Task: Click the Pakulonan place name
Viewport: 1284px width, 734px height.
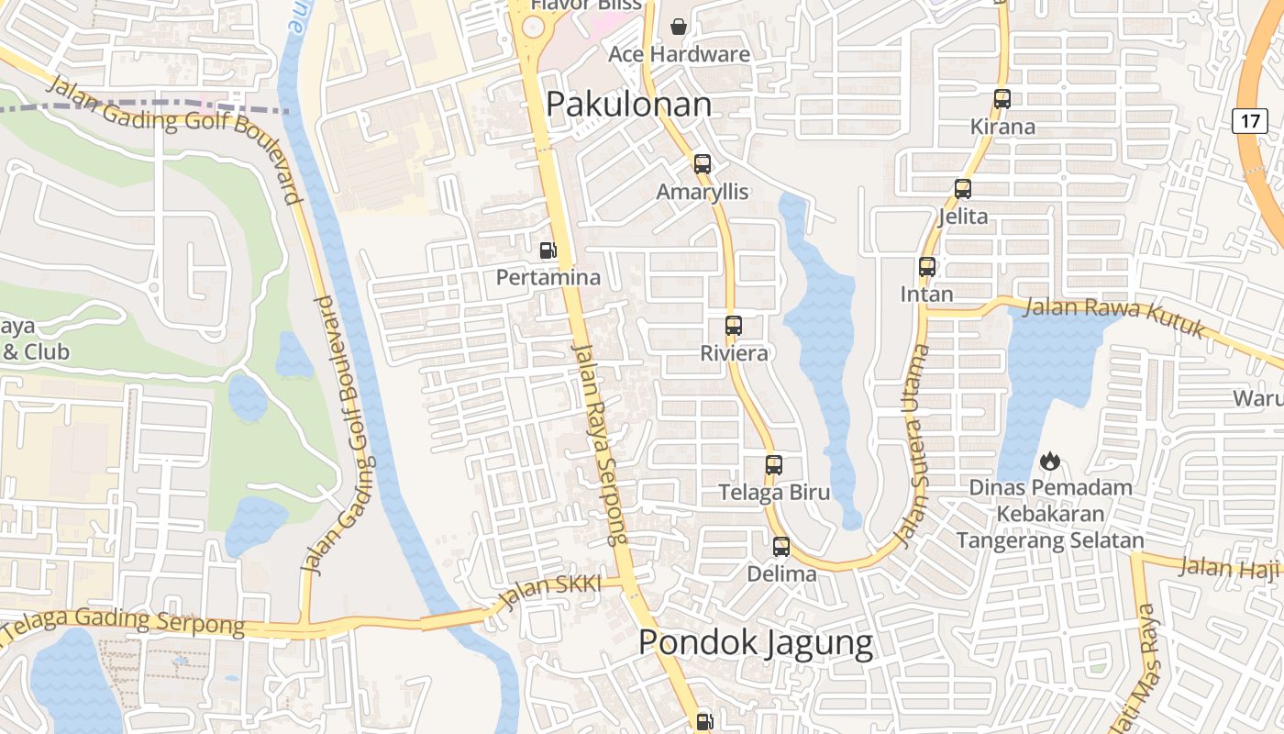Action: click(628, 105)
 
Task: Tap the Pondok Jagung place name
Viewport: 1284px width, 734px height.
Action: click(755, 642)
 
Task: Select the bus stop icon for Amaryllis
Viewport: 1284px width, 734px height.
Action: click(703, 164)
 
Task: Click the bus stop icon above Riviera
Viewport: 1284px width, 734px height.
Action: click(734, 326)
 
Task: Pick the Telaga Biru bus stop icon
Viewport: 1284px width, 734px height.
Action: click(774, 465)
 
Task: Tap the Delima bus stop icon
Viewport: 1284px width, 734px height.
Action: click(781, 547)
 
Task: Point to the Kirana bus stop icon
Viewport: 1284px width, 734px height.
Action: click(1002, 99)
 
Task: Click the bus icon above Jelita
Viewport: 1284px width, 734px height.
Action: click(963, 189)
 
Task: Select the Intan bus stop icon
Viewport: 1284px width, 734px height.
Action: click(927, 267)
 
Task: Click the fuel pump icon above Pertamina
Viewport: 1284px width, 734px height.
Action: click(548, 250)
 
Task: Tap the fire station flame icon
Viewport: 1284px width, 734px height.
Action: click(1050, 461)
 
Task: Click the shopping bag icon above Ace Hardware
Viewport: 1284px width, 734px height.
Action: click(679, 27)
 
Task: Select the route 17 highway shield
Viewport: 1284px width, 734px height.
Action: click(1249, 120)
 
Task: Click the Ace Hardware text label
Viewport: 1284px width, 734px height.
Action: click(679, 54)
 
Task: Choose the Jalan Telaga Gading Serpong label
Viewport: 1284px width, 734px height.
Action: click(124, 623)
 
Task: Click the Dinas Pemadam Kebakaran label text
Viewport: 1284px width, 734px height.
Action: click(1050, 514)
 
